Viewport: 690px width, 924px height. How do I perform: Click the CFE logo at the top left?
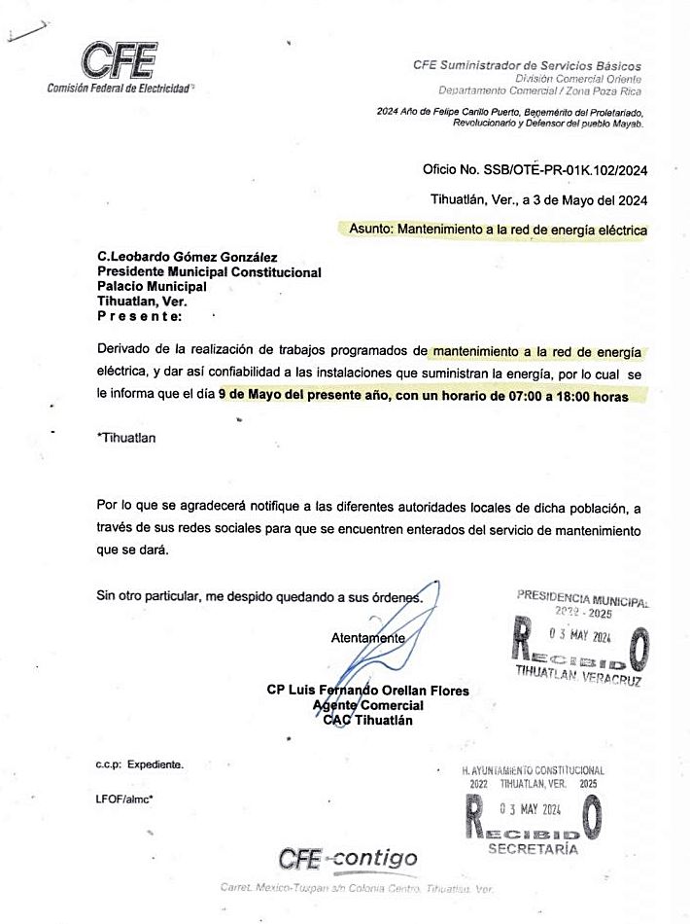(x=120, y=61)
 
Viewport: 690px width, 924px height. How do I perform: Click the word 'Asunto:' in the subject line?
(x=370, y=231)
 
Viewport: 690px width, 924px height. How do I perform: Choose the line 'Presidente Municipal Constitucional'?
(x=209, y=272)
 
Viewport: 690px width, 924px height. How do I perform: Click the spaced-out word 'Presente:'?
(x=139, y=316)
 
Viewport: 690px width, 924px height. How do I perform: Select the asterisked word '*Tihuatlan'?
(x=126, y=438)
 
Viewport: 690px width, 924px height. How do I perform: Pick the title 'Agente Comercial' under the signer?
(x=367, y=705)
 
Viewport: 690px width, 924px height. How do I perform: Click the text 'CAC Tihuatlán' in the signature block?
(x=367, y=720)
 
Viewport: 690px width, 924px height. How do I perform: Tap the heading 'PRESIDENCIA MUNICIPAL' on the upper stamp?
(x=582, y=596)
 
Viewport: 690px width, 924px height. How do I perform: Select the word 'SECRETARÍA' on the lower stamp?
(x=533, y=848)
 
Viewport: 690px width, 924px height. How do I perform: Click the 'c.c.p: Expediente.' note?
(x=139, y=765)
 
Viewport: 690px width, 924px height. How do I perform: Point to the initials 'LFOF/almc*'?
(x=125, y=799)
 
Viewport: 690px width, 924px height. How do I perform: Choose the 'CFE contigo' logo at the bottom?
(x=348, y=859)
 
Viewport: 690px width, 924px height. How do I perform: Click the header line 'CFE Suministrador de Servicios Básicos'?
(x=527, y=65)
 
